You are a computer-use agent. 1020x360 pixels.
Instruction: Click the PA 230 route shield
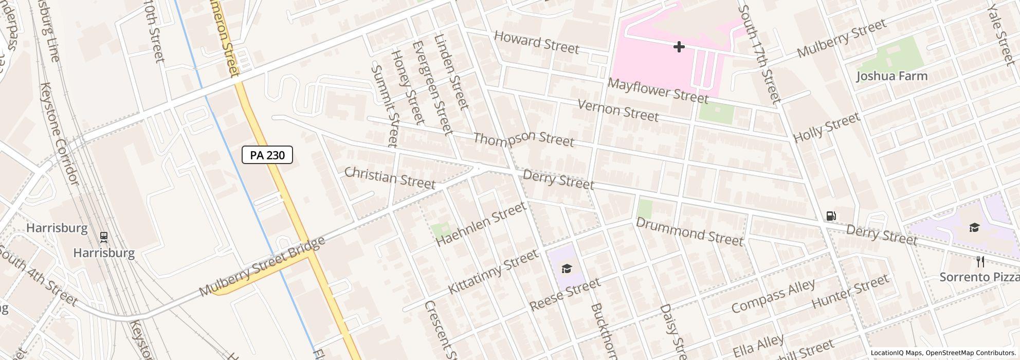(267, 155)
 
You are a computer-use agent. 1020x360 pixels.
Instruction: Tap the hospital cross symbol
(679, 47)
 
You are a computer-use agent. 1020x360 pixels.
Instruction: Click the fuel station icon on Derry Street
(831, 216)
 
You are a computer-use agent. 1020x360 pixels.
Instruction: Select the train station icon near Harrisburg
(104, 237)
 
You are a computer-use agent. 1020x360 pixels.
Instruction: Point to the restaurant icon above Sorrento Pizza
(980, 262)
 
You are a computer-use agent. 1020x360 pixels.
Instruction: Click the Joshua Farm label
(892, 76)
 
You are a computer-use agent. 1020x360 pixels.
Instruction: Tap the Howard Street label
(536, 42)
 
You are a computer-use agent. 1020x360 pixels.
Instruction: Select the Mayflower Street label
(658, 91)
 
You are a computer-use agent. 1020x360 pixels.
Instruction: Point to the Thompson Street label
(523, 138)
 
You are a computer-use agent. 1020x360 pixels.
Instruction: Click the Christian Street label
(390, 177)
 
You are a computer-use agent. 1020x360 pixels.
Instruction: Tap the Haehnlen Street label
(481, 224)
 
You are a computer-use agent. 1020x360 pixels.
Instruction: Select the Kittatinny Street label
(493, 272)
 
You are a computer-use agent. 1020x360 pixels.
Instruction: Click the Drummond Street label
(689, 231)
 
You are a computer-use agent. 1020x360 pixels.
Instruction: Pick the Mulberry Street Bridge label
(262, 266)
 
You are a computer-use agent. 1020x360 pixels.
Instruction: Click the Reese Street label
(564, 294)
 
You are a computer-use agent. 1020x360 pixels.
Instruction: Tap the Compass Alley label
(773, 296)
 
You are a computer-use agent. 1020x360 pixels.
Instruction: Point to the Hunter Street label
(850, 291)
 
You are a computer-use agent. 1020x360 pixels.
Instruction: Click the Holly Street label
(826, 128)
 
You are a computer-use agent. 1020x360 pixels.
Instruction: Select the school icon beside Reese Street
(566, 268)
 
